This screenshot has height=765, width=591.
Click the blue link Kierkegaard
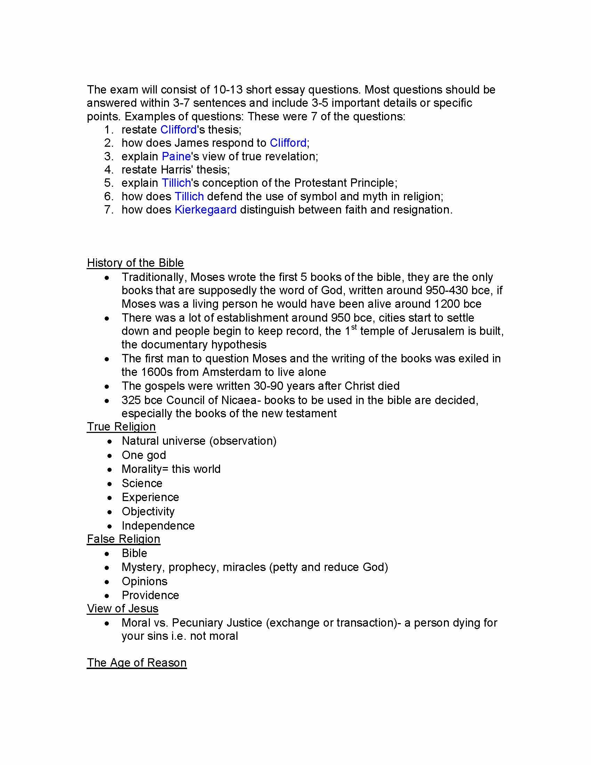click(x=205, y=210)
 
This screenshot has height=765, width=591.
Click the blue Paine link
click(x=176, y=156)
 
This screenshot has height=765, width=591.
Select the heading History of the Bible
click(x=135, y=263)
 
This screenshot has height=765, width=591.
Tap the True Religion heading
click(x=121, y=427)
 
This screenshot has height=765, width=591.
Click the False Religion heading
click(x=123, y=539)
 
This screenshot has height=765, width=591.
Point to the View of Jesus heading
click(x=122, y=609)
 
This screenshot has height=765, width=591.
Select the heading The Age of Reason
click(x=137, y=663)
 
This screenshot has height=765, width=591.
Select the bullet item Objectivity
click(x=148, y=512)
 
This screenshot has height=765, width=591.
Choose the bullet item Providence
click(x=150, y=595)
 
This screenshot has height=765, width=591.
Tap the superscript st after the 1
click(x=354, y=327)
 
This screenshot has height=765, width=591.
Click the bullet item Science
click(x=142, y=483)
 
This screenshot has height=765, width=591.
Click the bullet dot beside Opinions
click(x=107, y=582)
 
